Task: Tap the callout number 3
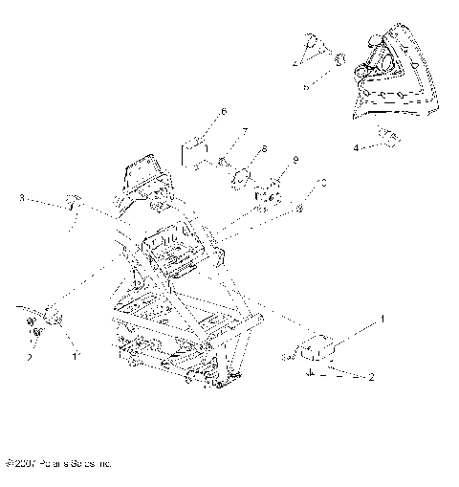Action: (x=21, y=199)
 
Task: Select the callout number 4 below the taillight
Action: (x=356, y=148)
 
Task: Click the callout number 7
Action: (x=245, y=131)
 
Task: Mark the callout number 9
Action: (x=296, y=159)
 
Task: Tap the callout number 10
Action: (x=323, y=180)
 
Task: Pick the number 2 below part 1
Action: (x=371, y=378)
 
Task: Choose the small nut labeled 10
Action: (x=298, y=208)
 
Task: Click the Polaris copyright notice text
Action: (x=59, y=462)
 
